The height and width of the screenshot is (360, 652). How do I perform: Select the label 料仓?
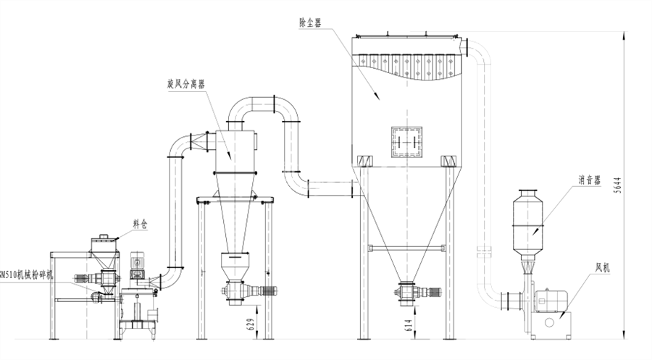[139, 225]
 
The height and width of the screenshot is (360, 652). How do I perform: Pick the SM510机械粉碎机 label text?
[28, 275]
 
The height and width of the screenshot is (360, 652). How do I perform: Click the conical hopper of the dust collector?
[404, 217]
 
